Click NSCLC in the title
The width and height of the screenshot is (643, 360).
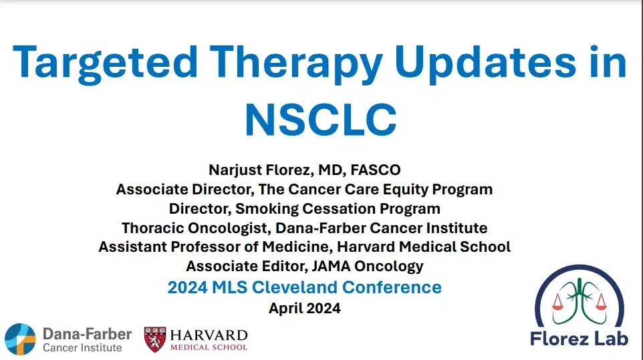pyautogui.click(x=320, y=118)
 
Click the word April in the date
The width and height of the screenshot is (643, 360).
pyautogui.click(x=286, y=309)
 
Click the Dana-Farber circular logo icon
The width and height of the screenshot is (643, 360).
pyautogui.click(x=19, y=339)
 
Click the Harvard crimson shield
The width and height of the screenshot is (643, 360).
pyautogui.click(x=155, y=339)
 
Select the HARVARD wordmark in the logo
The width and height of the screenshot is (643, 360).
pyautogui.click(x=209, y=335)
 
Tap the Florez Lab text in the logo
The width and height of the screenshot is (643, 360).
pyautogui.click(x=580, y=339)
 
